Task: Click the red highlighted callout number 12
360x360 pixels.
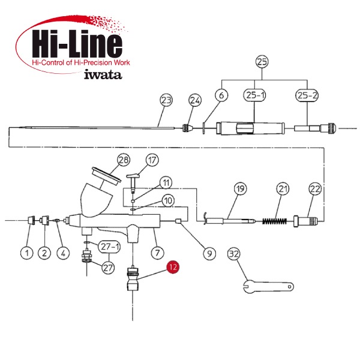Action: [173, 267]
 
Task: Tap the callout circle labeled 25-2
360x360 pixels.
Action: [307, 95]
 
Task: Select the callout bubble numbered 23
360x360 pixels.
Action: [166, 100]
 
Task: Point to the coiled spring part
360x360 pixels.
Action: [275, 221]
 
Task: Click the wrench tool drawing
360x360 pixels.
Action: [268, 287]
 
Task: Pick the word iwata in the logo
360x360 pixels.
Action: [103, 74]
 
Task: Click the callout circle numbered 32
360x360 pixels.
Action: [234, 254]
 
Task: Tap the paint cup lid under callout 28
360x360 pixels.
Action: [106, 175]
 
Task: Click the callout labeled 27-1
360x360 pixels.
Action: [109, 247]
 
